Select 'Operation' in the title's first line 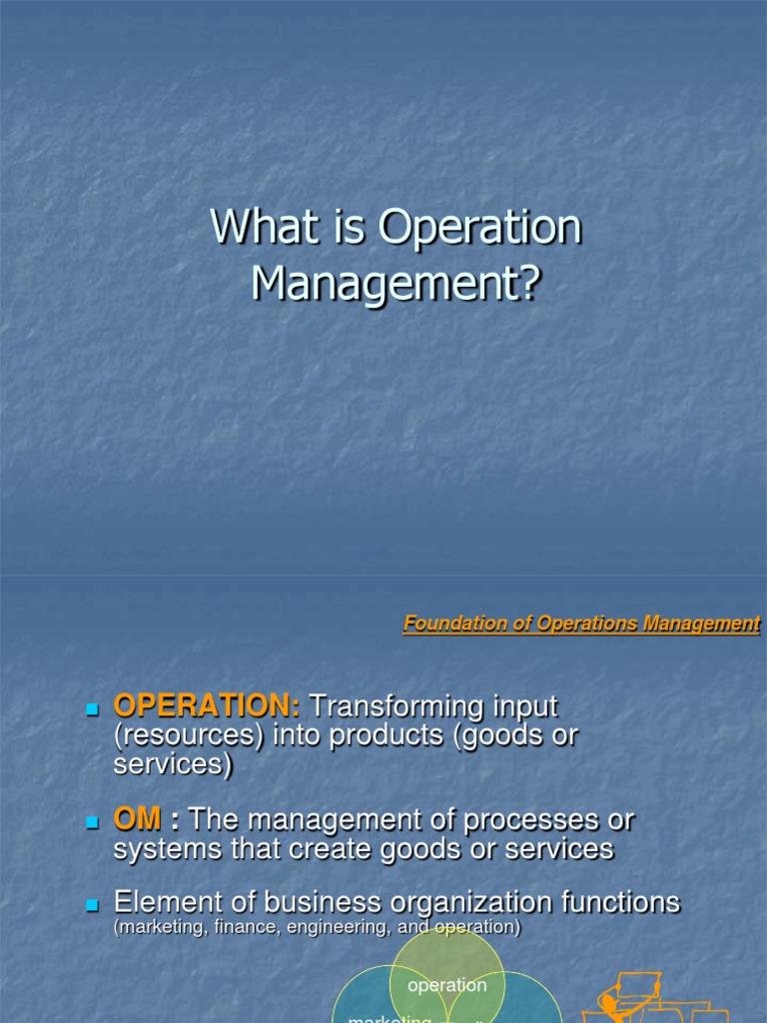[479, 228]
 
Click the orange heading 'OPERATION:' [207, 706]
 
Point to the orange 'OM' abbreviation [137, 820]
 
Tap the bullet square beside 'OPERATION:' [94, 708]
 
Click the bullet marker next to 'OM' [94, 822]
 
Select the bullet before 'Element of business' [94, 905]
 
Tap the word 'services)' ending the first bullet [173, 764]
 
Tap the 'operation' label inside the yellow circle [446, 985]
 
